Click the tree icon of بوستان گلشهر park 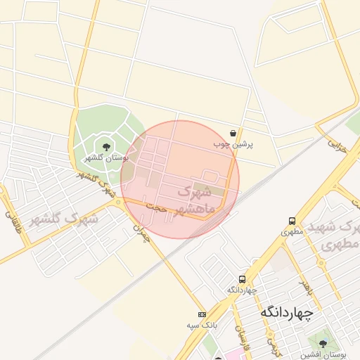click(106, 147)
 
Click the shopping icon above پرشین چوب click(233, 133)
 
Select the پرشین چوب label click(233, 143)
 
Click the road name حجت click(156, 207)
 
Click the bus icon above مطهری click(291, 221)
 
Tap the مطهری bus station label click(291, 231)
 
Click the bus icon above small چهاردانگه click(243, 279)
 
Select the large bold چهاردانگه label click(286, 311)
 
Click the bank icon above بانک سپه click(202, 314)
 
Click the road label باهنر click(304, 287)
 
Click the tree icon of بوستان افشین click(323, 344)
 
